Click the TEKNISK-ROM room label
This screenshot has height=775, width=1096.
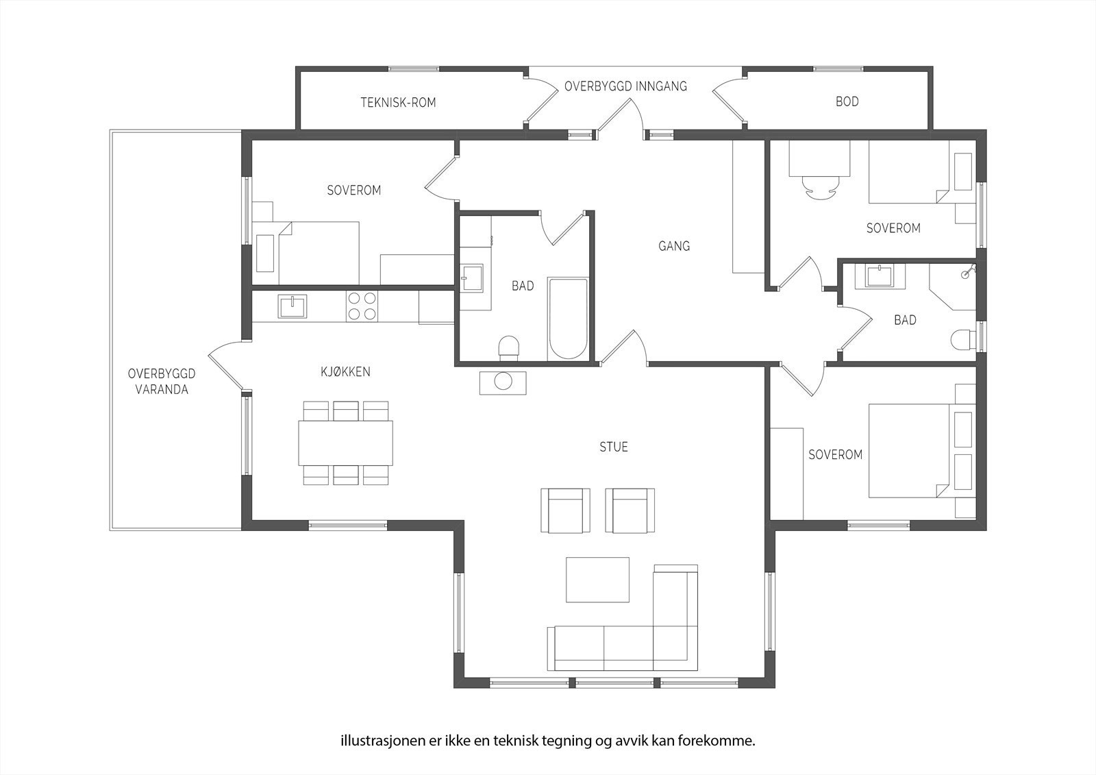click(x=398, y=102)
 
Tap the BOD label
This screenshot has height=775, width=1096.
click(x=847, y=101)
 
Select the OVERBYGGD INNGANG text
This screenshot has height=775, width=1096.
click(x=626, y=86)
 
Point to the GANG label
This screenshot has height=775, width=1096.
click(x=674, y=246)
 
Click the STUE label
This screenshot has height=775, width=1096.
click(x=614, y=447)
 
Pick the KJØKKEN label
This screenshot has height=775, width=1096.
click(x=345, y=371)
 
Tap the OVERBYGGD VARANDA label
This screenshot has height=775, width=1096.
click(x=162, y=382)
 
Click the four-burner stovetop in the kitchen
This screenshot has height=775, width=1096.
click(x=362, y=306)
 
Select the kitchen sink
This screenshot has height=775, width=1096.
click(x=292, y=306)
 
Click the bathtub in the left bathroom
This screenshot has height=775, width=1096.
click(x=568, y=319)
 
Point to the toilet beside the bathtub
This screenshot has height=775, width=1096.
click(x=508, y=348)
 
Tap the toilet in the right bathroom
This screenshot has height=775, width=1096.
click(x=963, y=340)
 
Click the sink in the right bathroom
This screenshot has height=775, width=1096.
click(x=880, y=276)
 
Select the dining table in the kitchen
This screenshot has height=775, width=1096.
click(x=345, y=443)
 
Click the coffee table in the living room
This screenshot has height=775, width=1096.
click(x=597, y=580)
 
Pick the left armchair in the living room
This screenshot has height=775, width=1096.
click(x=565, y=510)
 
